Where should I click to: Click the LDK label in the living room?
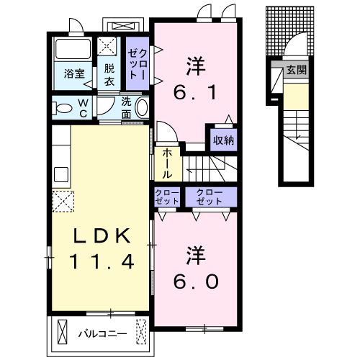click(x=102, y=235)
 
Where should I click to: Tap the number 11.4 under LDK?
click(x=102, y=261)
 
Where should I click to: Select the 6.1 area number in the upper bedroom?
click(x=195, y=92)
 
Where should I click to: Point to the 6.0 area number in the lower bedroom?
click(x=196, y=282)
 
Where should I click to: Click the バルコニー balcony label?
click(x=103, y=334)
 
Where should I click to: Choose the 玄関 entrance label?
click(x=297, y=70)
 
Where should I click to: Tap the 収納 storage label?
click(x=224, y=140)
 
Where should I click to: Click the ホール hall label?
click(x=167, y=163)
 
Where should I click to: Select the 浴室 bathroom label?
click(x=74, y=73)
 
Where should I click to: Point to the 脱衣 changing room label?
click(x=109, y=75)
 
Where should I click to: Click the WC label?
click(x=83, y=109)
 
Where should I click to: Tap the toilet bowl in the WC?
click(x=63, y=109)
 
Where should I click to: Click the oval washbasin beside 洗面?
click(x=142, y=108)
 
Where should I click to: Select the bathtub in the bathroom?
click(x=73, y=50)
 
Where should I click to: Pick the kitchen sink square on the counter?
click(x=61, y=174)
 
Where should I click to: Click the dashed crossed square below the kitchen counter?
click(x=63, y=201)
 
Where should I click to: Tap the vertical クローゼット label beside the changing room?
click(x=138, y=63)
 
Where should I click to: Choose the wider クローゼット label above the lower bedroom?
click(x=210, y=197)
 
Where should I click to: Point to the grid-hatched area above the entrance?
click(x=290, y=31)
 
